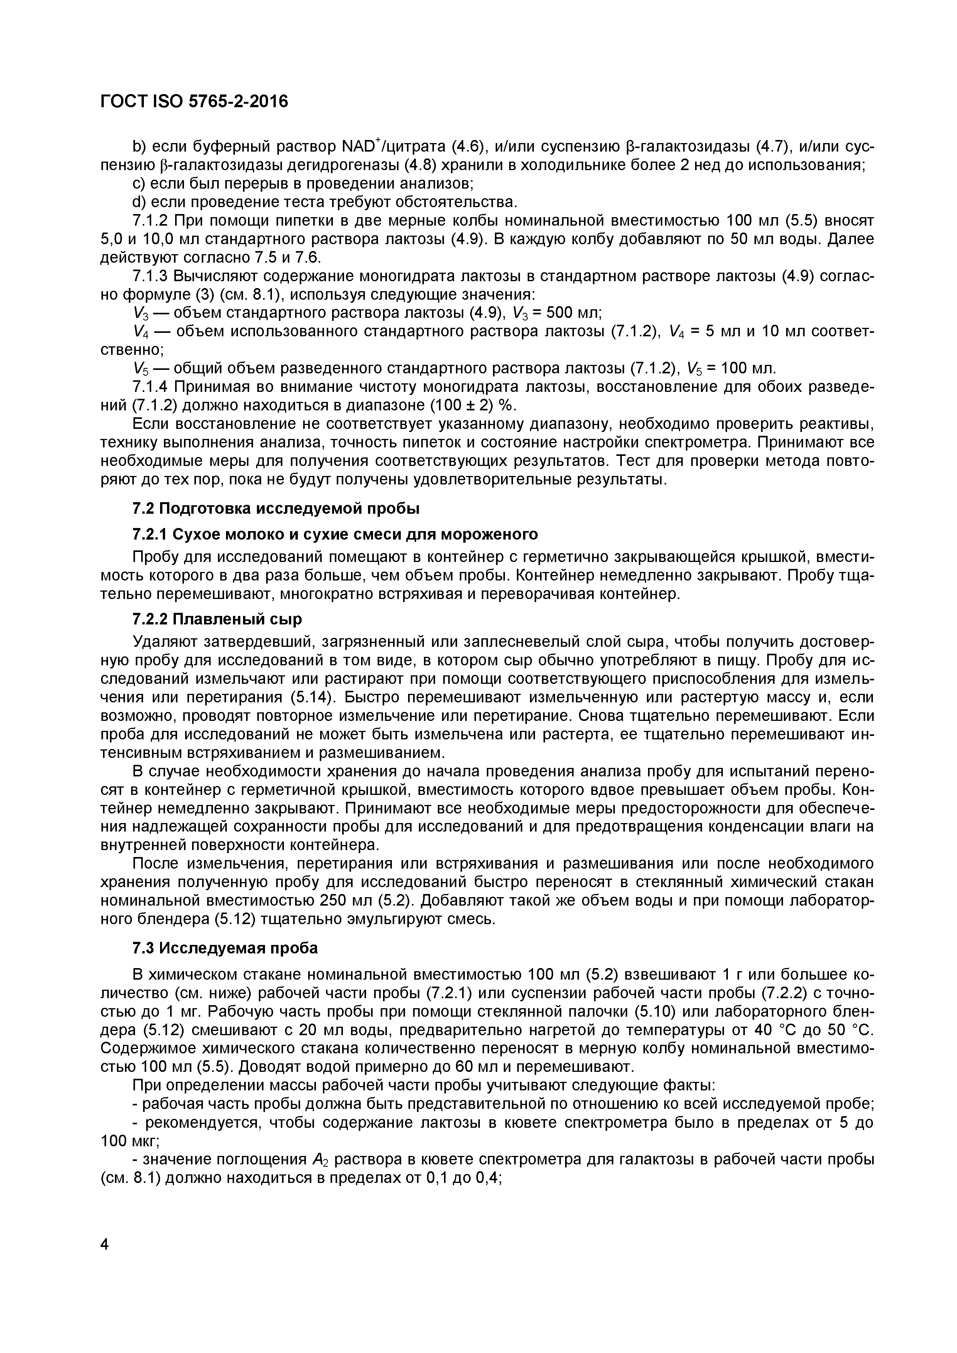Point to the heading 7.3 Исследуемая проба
(225, 948)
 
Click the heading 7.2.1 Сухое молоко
(335, 534)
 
